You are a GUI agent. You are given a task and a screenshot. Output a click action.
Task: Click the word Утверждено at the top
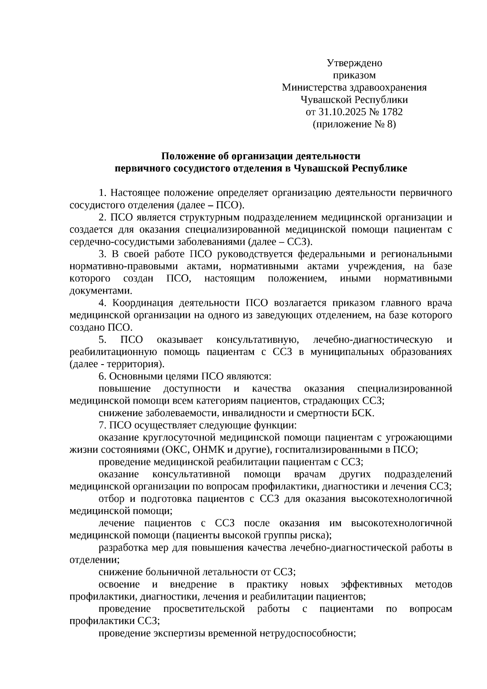pos(354,63)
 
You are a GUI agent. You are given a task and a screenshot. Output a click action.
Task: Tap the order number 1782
pos(392,112)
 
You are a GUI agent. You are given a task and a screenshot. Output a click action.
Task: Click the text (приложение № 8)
pos(354,124)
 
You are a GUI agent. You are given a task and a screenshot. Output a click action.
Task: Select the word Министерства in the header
pos(310,87)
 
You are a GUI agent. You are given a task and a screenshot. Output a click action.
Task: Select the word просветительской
pos(204,609)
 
